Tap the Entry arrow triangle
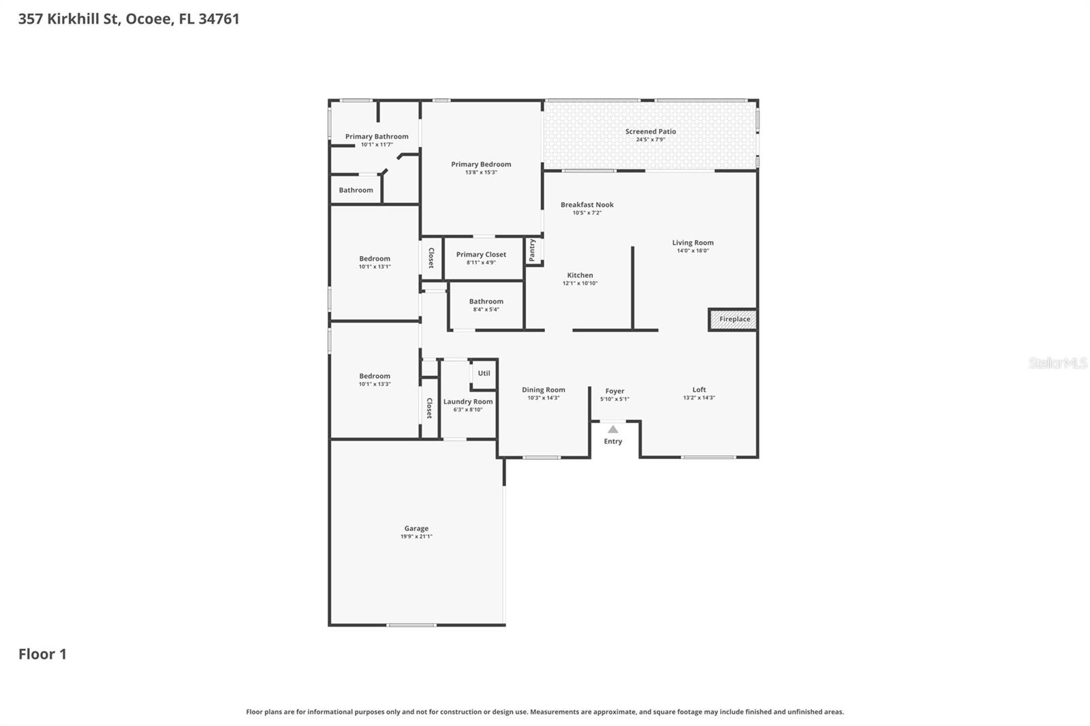click(x=613, y=429)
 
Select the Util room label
click(x=484, y=373)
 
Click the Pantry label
click(x=533, y=250)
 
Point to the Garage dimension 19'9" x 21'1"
click(x=416, y=537)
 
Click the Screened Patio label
click(x=651, y=131)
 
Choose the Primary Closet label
click(x=481, y=255)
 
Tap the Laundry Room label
click(x=468, y=402)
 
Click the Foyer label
click(x=614, y=392)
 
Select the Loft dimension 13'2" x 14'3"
click(x=699, y=398)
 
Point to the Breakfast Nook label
click(x=587, y=204)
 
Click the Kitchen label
click(x=580, y=275)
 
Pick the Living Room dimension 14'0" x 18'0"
click(x=693, y=251)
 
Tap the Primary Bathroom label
click(x=377, y=136)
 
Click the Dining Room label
click(x=544, y=390)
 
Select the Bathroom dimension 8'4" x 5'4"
click(x=486, y=310)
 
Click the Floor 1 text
click(x=42, y=654)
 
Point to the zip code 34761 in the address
click(x=219, y=19)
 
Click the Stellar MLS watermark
click(x=1057, y=363)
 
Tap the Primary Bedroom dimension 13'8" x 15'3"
click(x=481, y=172)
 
